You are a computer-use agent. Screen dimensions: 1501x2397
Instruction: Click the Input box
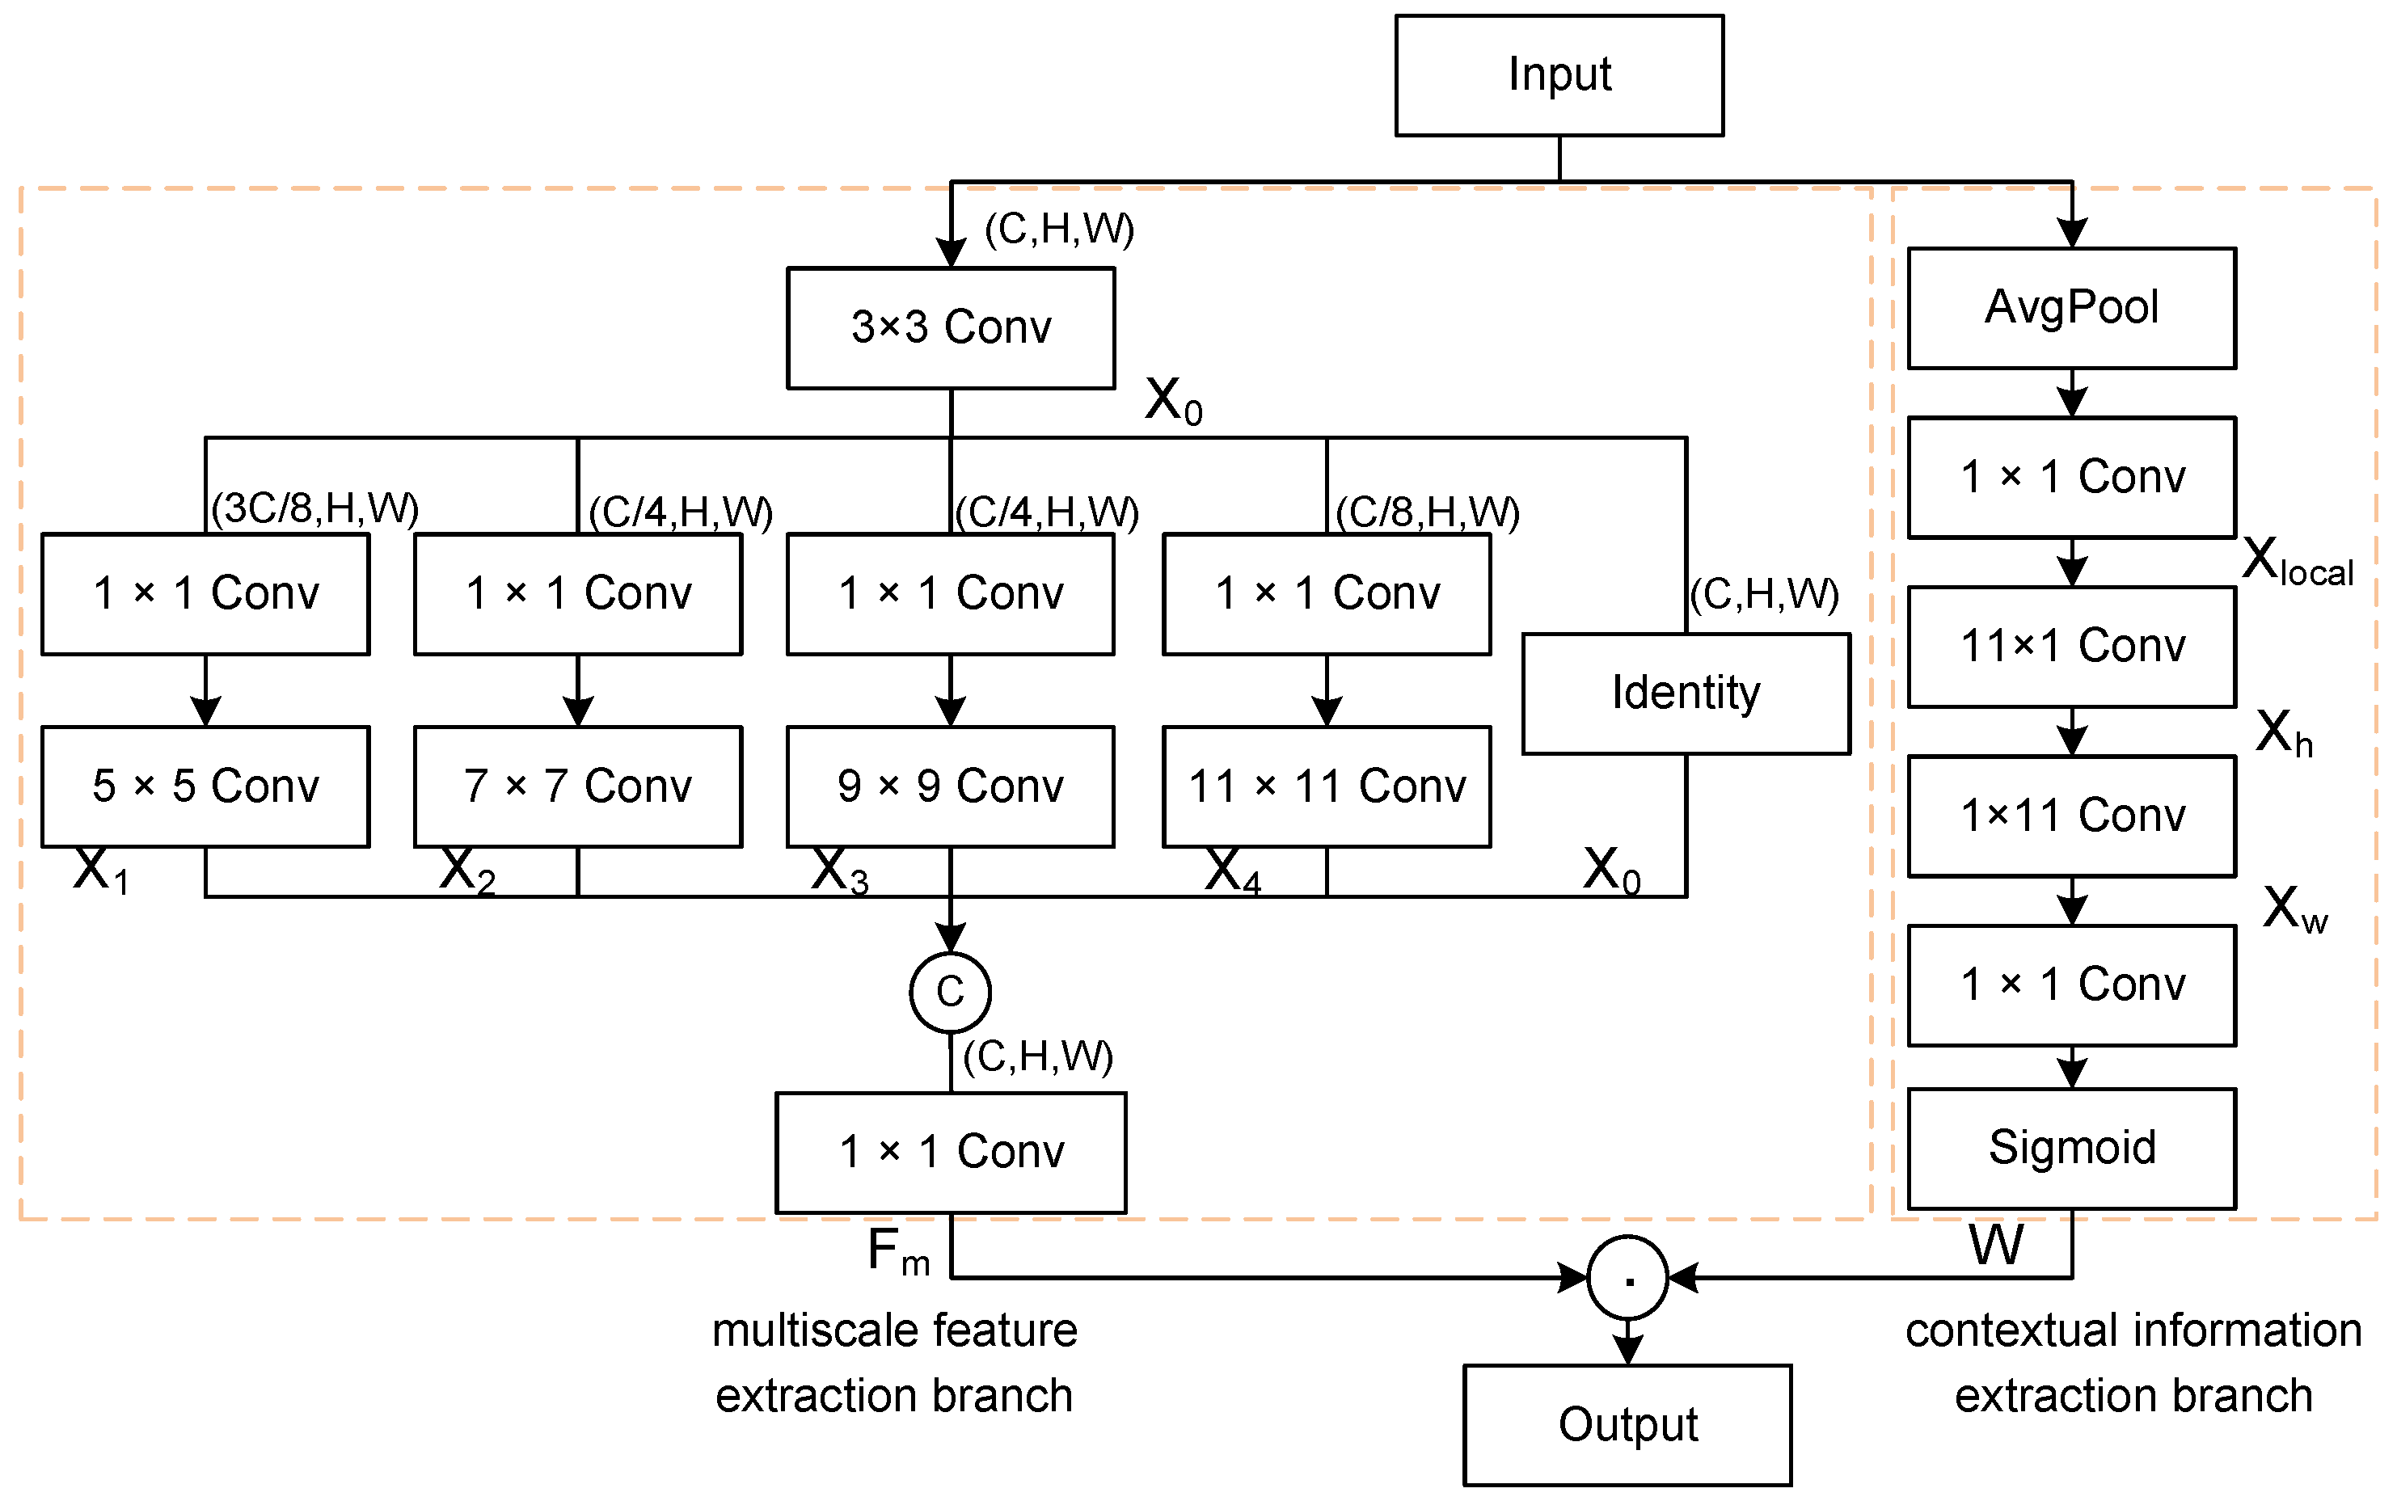point(1558,75)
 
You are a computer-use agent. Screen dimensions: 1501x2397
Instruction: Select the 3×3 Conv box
point(950,327)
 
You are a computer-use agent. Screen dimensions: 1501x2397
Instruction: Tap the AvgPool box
point(2071,308)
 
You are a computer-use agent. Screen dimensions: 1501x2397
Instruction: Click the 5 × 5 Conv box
point(205,786)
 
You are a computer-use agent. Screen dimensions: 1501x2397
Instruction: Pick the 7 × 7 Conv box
point(578,786)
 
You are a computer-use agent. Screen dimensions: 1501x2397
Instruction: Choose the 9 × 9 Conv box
point(950,786)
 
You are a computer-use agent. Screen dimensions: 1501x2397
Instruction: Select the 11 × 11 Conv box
point(1327,786)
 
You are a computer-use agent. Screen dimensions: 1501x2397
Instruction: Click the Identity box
point(1685,693)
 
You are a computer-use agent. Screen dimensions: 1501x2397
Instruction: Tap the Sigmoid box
point(2071,1149)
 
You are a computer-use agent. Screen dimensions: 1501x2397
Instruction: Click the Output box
point(1627,1424)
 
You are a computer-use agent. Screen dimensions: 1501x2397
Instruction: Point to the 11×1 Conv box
point(2071,647)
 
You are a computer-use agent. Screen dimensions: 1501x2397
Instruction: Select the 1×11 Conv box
point(2071,816)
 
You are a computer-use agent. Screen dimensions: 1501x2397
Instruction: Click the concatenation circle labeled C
point(950,992)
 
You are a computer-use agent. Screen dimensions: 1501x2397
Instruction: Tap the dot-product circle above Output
point(1627,1278)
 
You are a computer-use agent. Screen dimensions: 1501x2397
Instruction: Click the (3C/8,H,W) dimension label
point(314,508)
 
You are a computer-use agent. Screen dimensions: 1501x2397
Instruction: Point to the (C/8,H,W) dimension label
point(1427,512)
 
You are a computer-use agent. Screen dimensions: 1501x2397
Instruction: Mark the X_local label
point(2297,562)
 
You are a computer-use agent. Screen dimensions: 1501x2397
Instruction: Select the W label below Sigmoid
point(1996,1245)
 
